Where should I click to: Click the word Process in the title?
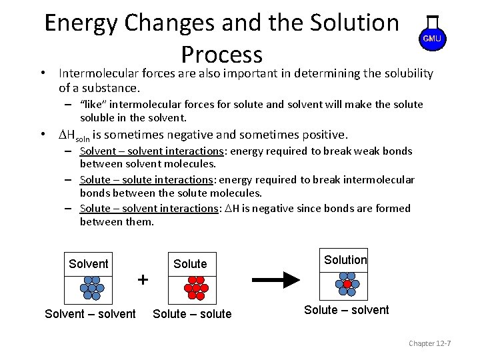pos(221,54)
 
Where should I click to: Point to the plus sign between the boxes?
pos(143,279)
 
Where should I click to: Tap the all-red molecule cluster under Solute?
pos(196,287)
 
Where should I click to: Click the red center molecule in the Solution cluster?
pos(347,284)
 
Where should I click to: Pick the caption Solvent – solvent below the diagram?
pos(90,314)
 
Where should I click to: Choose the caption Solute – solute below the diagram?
pos(192,314)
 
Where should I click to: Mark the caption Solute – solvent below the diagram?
pos(346,310)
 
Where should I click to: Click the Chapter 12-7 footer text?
pos(430,343)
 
